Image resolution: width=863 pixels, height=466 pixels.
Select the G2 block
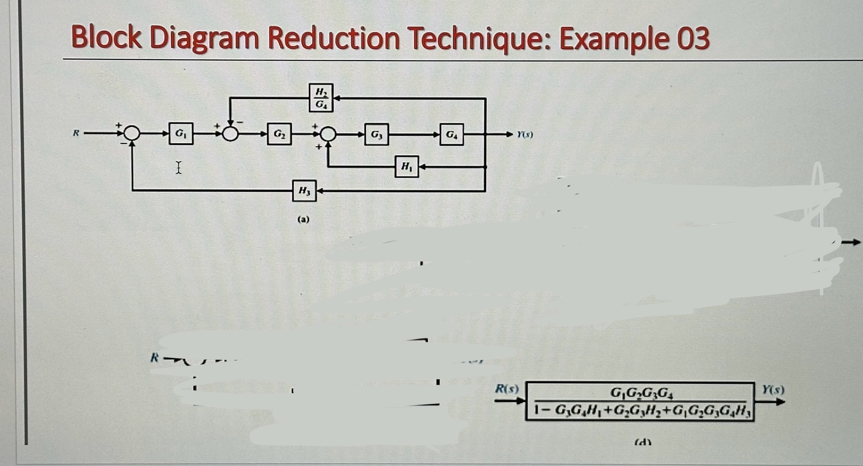pyautogui.click(x=279, y=134)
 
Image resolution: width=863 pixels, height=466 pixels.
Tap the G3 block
pyautogui.click(x=376, y=134)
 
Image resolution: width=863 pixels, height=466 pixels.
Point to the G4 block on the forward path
pyautogui.click(x=452, y=134)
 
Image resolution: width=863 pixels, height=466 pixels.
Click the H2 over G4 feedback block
pyautogui.click(x=321, y=98)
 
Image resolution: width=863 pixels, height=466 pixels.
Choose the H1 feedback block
pyautogui.click(x=406, y=166)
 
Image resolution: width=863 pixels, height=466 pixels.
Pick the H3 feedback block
pyautogui.click(x=304, y=191)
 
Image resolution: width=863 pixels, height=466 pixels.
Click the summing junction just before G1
pyautogui.click(x=133, y=134)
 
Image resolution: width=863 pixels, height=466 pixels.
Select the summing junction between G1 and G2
pyautogui.click(x=231, y=134)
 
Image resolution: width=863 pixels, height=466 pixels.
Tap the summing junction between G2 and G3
pyautogui.click(x=328, y=134)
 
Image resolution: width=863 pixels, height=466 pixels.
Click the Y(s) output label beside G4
pyautogui.click(x=525, y=135)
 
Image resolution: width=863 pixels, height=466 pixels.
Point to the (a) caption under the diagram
pyautogui.click(x=303, y=219)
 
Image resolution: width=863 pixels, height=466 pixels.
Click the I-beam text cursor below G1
pyautogui.click(x=178, y=168)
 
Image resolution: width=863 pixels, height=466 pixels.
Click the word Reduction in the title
pyautogui.click(x=334, y=38)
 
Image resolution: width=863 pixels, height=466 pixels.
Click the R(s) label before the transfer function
pyautogui.click(x=506, y=389)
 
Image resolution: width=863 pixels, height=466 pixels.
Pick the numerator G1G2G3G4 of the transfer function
pyautogui.click(x=643, y=392)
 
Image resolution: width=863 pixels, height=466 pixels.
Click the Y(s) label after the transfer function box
pyautogui.click(x=773, y=390)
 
